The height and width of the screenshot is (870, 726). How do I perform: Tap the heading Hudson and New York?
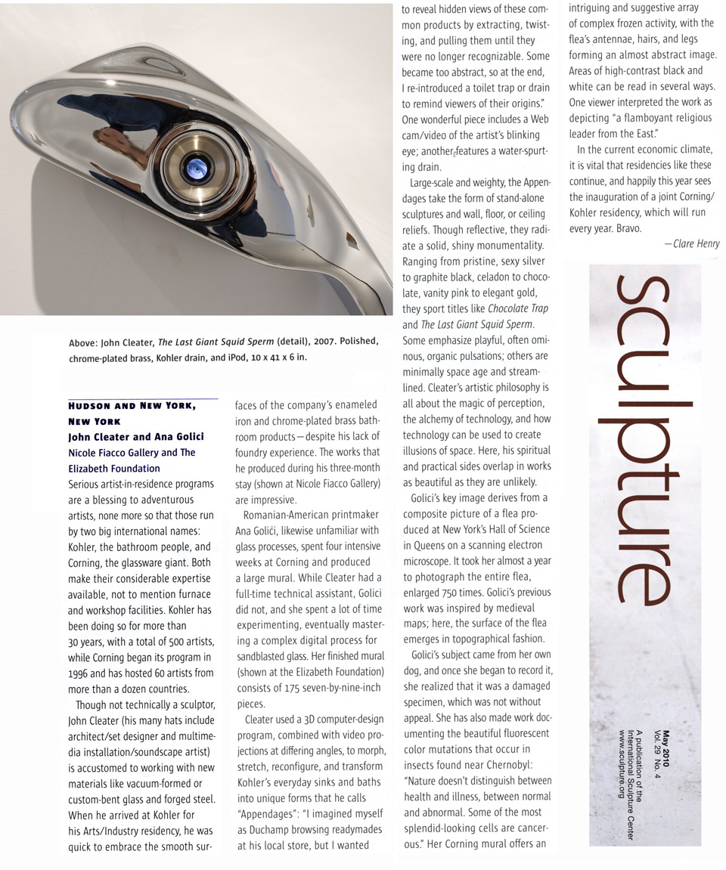[x=132, y=406]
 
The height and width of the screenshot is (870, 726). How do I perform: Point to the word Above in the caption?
[x=84, y=342]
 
